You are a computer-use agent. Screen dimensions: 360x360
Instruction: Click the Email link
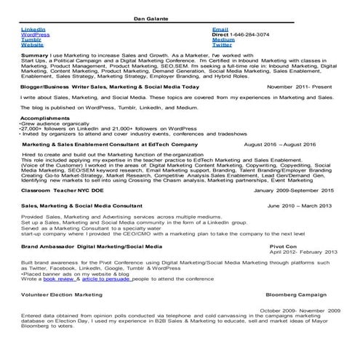point(220,29)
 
